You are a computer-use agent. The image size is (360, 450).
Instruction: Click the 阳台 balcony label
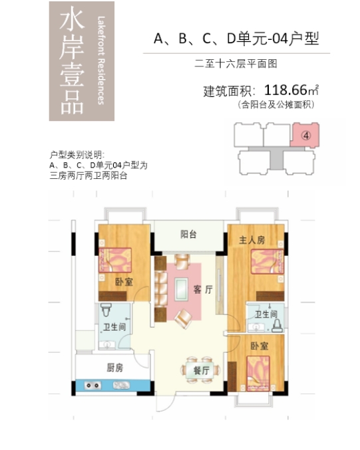[x=188, y=235]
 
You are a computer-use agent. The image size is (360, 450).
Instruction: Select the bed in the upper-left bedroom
[x=116, y=259]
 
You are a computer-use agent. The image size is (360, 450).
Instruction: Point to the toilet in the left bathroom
[x=106, y=311]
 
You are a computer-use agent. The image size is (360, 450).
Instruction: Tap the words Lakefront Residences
[x=100, y=60]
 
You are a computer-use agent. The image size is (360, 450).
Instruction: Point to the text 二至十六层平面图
[x=235, y=64]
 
